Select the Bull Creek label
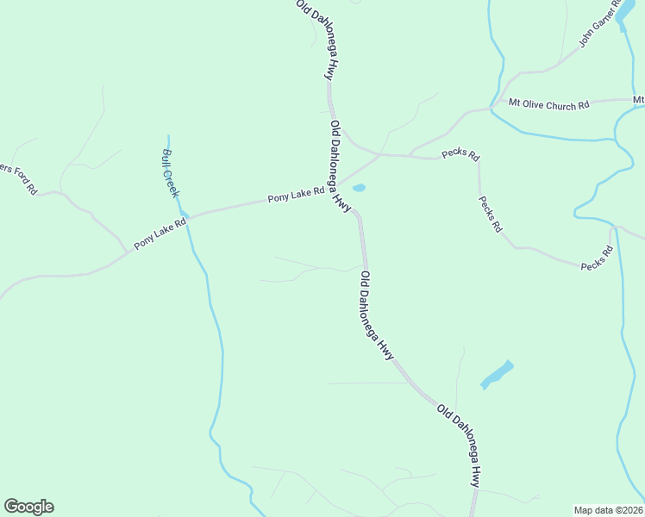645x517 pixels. pyautogui.click(x=170, y=173)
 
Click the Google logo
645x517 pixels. pyautogui.click(x=28, y=507)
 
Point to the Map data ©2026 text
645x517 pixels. pyautogui.click(x=609, y=510)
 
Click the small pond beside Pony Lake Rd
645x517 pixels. pyautogui.click(x=359, y=188)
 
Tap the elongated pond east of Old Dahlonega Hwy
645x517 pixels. pyautogui.click(x=497, y=374)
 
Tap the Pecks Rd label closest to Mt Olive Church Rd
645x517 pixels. pyautogui.click(x=460, y=154)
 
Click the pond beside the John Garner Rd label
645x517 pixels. pyautogui.click(x=624, y=19)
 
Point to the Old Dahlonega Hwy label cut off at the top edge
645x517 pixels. pyautogui.click(x=315, y=39)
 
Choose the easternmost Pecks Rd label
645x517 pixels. pyautogui.click(x=597, y=258)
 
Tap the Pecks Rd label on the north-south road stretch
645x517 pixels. pyautogui.click(x=490, y=215)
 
